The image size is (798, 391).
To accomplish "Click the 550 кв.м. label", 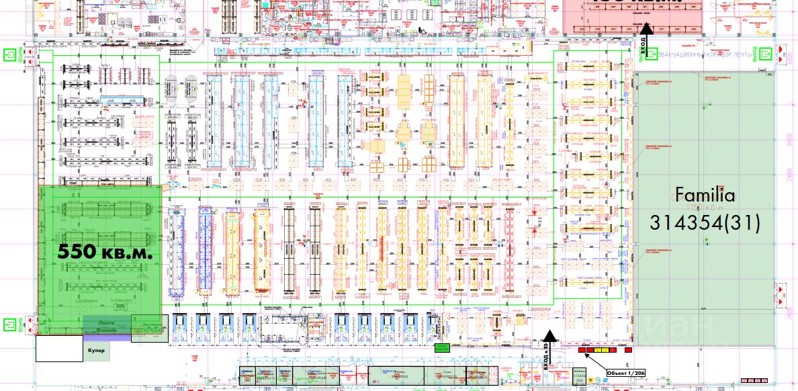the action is (x=105, y=252).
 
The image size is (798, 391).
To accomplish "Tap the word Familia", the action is (x=705, y=195).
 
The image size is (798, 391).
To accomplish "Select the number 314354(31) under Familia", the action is (x=705, y=222).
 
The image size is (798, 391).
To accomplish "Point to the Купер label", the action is (x=95, y=350).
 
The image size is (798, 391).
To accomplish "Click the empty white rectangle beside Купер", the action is (x=58, y=349).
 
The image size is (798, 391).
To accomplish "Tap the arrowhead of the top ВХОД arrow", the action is (x=646, y=28).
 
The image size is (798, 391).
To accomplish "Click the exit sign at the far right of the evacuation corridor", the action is (x=766, y=52).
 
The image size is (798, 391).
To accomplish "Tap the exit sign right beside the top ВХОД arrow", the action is (x=633, y=52).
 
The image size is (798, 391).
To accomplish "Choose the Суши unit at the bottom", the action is (x=447, y=375).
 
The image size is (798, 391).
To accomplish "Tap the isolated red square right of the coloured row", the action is (x=628, y=350).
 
